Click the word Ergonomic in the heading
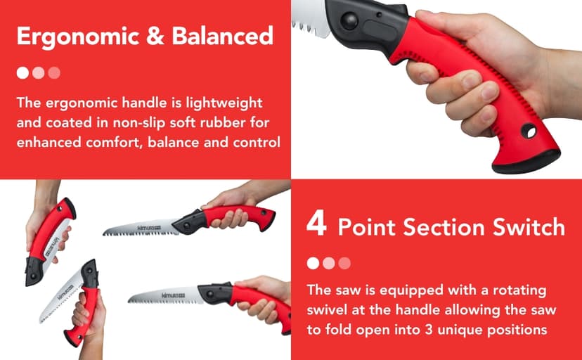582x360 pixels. tap(78, 37)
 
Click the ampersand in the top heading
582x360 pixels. tap(155, 36)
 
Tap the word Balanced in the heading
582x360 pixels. tap(223, 36)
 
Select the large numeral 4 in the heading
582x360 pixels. tap(316, 223)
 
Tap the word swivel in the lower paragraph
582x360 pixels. tap(327, 309)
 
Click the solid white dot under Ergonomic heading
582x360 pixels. tap(22, 72)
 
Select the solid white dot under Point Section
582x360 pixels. tap(313, 263)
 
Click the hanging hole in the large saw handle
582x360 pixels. tap(529, 131)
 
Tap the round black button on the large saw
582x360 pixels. tap(349, 20)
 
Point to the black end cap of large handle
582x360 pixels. tap(527, 162)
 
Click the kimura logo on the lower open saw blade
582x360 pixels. tap(173, 295)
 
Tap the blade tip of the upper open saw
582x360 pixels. tap(104, 233)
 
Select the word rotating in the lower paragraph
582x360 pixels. tap(519, 290)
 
